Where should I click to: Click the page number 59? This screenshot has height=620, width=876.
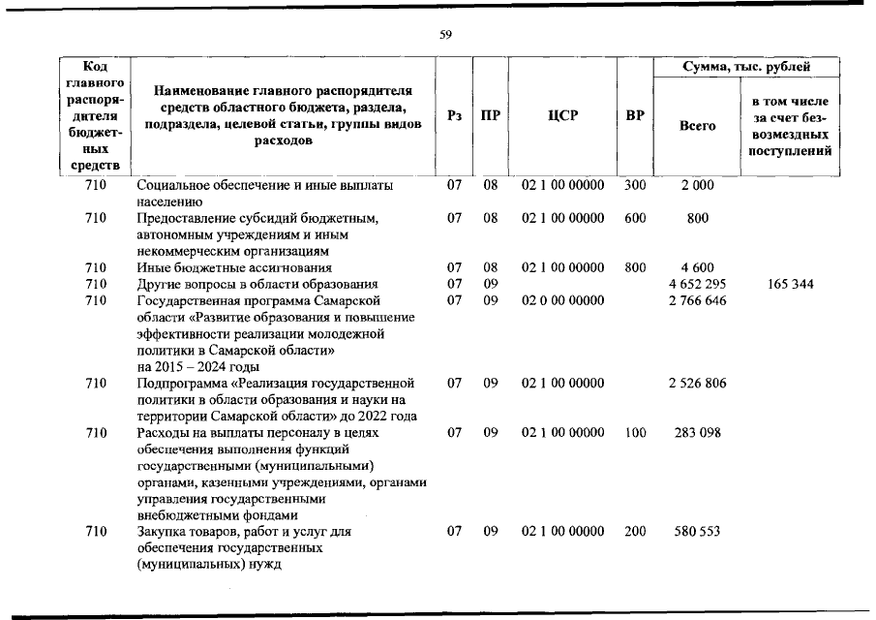click(x=445, y=35)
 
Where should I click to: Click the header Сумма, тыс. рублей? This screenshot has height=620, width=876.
click(x=746, y=67)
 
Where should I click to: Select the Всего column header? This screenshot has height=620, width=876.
click(x=697, y=126)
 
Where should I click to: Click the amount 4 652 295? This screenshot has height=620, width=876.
click(x=697, y=284)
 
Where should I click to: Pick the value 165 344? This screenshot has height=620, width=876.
click(x=790, y=284)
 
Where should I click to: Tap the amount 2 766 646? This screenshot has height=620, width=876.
click(x=697, y=300)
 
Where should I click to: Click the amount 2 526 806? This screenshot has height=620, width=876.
click(x=697, y=384)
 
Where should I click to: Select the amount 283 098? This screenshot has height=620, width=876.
click(x=697, y=433)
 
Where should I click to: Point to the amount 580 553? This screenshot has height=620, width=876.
click(x=697, y=532)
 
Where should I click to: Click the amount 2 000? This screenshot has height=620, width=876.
click(x=697, y=185)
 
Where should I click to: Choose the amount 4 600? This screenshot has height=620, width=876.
click(x=697, y=267)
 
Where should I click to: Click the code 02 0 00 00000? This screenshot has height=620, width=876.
click(x=562, y=300)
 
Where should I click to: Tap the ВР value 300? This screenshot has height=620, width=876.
click(x=635, y=185)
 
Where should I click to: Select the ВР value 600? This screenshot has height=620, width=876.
click(x=635, y=218)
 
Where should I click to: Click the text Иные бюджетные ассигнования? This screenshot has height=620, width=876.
click(x=234, y=267)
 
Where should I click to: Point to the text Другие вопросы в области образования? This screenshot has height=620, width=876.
click(x=257, y=284)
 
